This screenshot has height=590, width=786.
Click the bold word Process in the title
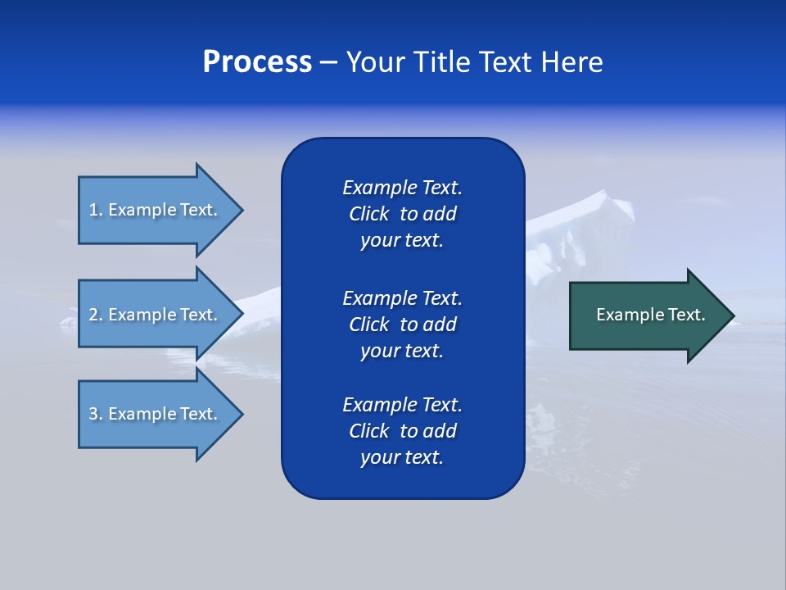pyautogui.click(x=257, y=62)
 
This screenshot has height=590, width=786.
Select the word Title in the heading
pyautogui.click(x=439, y=62)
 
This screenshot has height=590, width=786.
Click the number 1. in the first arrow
pyautogui.click(x=96, y=210)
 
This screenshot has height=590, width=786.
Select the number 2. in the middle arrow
pyautogui.click(x=96, y=315)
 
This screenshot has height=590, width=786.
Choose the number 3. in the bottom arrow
pyautogui.click(x=96, y=414)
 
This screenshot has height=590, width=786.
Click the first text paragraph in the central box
pyautogui.click(x=402, y=214)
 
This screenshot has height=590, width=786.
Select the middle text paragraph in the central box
pyautogui.click(x=402, y=324)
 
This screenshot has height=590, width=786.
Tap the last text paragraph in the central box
pyautogui.click(x=402, y=431)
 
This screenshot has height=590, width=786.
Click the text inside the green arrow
pyautogui.click(x=650, y=315)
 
